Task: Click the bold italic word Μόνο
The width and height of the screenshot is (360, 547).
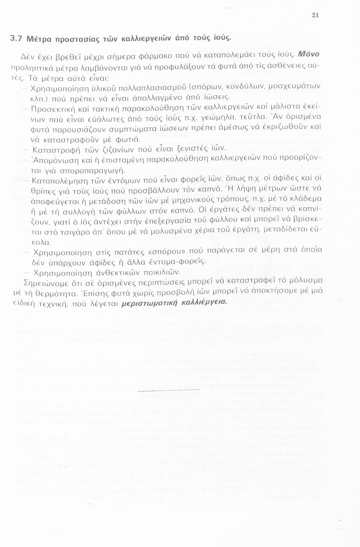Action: click(309, 54)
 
